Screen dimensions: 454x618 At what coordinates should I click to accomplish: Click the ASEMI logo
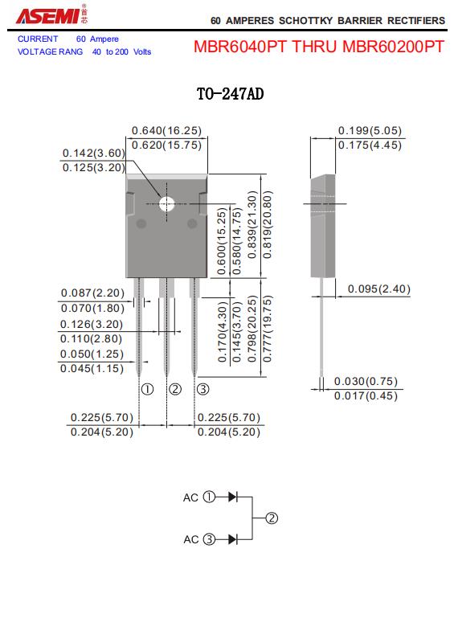tap(51, 15)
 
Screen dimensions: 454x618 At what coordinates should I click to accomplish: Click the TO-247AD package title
tap(230, 94)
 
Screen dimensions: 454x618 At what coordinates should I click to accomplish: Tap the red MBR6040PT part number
tap(240, 47)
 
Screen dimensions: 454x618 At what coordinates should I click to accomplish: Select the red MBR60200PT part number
tap(393, 47)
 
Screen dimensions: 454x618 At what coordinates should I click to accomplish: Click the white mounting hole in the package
tap(166, 204)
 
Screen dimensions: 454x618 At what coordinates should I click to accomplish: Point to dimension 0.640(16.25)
tap(166, 130)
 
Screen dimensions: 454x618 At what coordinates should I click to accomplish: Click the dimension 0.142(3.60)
tap(94, 153)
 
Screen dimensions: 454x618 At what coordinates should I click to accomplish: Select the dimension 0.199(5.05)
tap(370, 130)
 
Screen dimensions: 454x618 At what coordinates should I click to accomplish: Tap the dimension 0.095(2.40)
tap(379, 289)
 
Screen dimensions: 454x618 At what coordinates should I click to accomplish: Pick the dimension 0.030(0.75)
tap(366, 381)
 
